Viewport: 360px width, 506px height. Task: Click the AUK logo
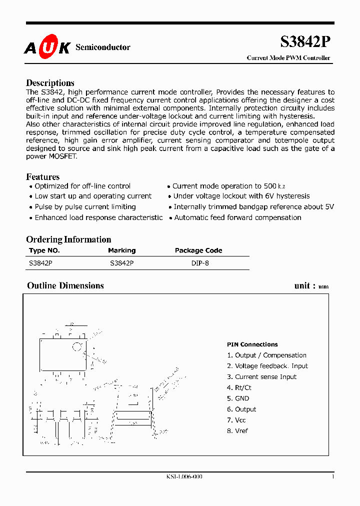tap(47, 47)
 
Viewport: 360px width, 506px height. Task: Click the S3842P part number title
tap(304, 42)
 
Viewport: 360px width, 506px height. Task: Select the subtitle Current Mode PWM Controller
tap(288, 58)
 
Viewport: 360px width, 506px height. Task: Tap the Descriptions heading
tap(50, 83)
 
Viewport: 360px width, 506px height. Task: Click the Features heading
tap(42, 177)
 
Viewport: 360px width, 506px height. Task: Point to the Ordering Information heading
tap(68, 239)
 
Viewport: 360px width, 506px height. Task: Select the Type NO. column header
tap(44, 250)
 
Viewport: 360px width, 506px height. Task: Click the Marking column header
tap(121, 250)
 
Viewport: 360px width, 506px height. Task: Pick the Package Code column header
tap(198, 250)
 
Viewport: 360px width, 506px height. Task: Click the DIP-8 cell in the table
tap(200, 262)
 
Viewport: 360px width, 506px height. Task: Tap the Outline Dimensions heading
tap(65, 285)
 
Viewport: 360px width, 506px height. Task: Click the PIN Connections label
tap(252, 344)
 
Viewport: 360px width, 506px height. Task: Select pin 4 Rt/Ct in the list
tap(239, 387)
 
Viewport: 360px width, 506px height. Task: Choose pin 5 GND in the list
tap(238, 398)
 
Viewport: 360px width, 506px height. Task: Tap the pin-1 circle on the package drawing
tap(77, 346)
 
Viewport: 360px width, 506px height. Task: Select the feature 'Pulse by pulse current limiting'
tap(85, 206)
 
